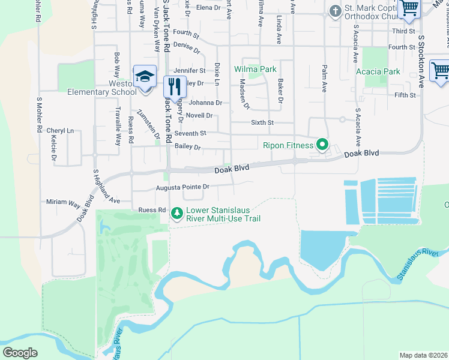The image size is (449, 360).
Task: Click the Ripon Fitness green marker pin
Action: click(x=322, y=145)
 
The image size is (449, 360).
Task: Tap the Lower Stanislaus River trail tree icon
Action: click(x=176, y=213)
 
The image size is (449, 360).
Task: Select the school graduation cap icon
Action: click(x=145, y=77)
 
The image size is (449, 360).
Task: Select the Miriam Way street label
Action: click(x=63, y=203)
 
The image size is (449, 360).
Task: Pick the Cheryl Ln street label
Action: click(x=60, y=130)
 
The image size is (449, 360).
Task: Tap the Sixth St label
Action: click(x=262, y=122)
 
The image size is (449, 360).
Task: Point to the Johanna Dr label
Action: click(x=206, y=103)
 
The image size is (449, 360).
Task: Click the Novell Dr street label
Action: click(x=199, y=115)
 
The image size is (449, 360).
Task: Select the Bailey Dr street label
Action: click(x=187, y=147)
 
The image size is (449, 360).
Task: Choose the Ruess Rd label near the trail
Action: click(x=151, y=210)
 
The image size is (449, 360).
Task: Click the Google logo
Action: click(x=20, y=353)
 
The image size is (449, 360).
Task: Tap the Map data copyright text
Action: click(x=424, y=355)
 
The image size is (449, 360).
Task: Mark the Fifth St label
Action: click(x=405, y=95)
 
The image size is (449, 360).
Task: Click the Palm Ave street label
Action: click(x=324, y=79)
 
